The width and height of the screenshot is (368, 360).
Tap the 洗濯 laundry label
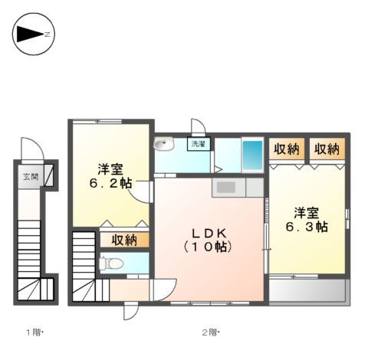pyautogui.click(x=199, y=143)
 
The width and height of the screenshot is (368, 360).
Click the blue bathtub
pyautogui.click(x=252, y=154)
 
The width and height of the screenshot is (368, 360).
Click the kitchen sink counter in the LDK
pyautogui.click(x=228, y=186)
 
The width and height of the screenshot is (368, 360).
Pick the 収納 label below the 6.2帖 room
pyautogui.click(x=123, y=240)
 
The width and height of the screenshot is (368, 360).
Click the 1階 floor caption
pyautogui.click(x=34, y=332)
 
